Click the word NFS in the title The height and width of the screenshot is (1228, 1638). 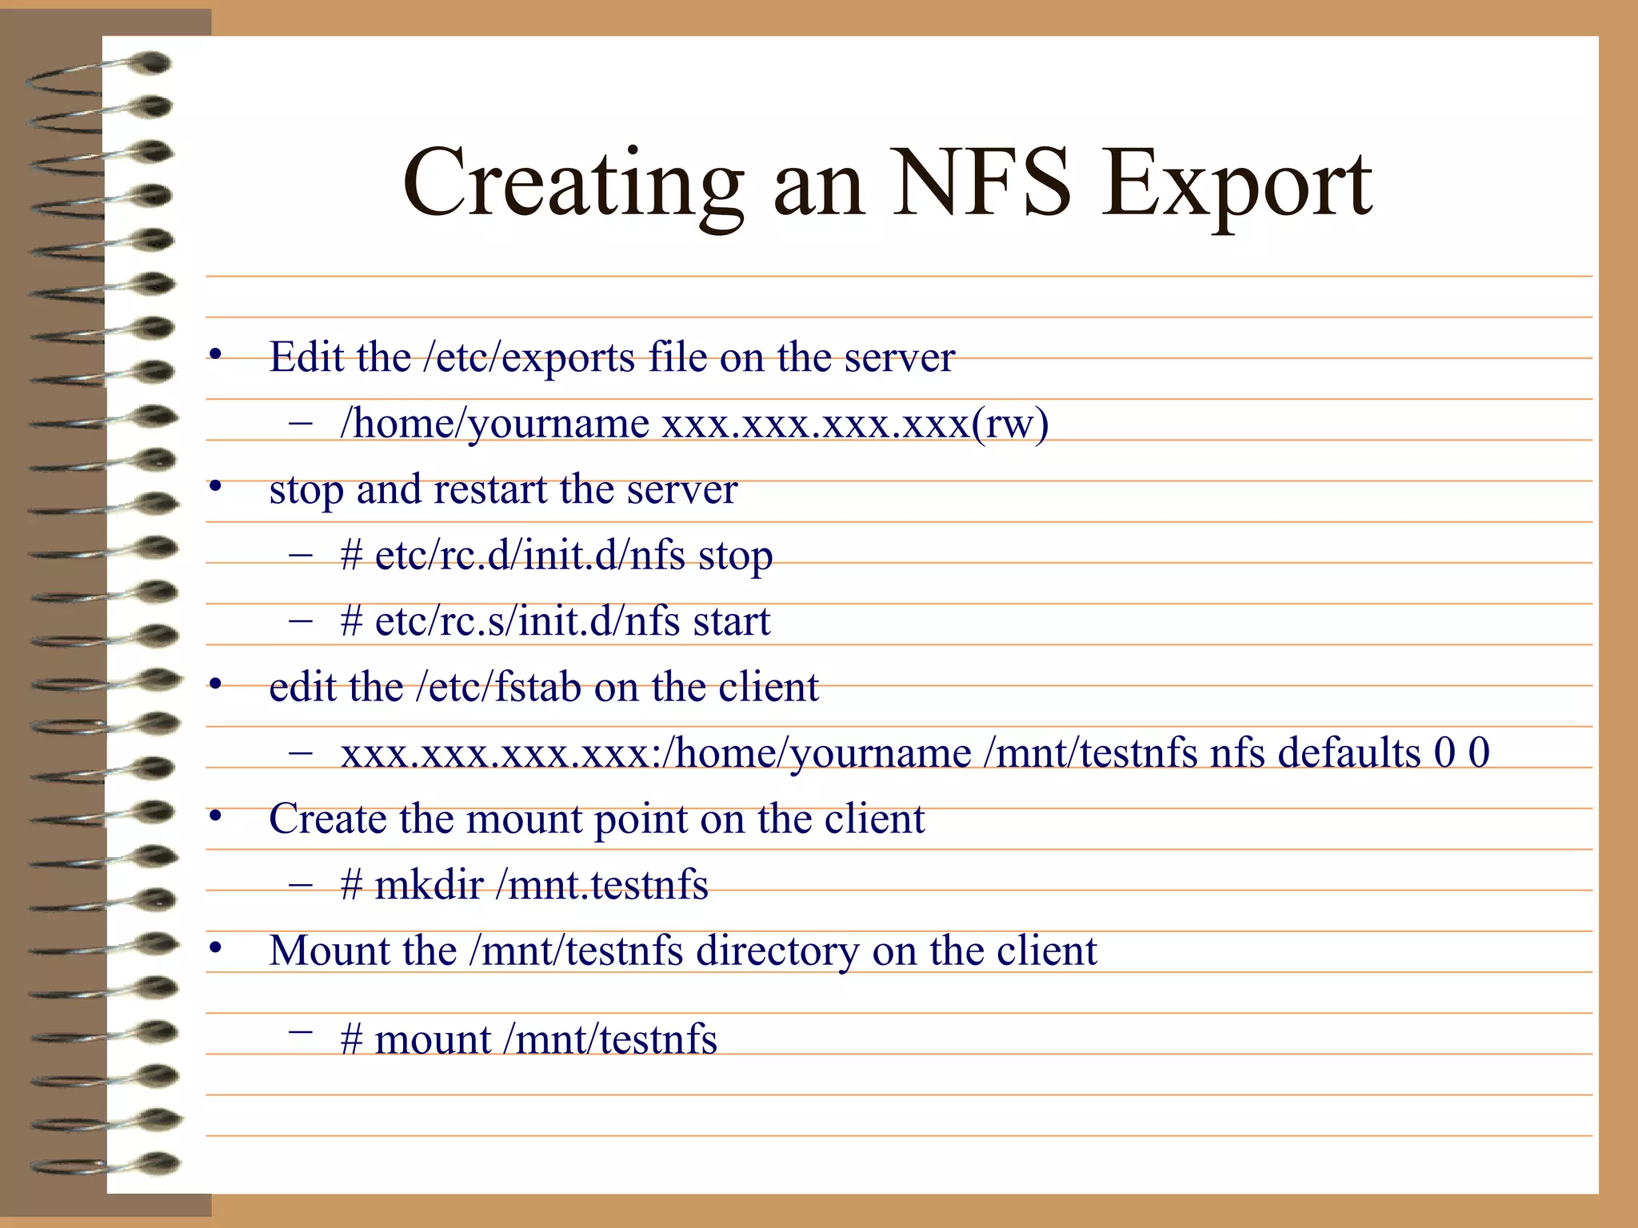[981, 184]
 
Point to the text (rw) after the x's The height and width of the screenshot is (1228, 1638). [1010, 424]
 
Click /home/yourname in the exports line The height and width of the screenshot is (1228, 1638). [494, 424]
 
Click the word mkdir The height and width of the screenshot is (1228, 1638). [429, 885]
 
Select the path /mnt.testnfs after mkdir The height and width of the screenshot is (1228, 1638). [601, 885]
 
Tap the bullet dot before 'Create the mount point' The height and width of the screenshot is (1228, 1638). [215, 817]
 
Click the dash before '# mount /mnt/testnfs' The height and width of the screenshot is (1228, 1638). [301, 1032]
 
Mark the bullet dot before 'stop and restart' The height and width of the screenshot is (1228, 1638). [215, 487]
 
